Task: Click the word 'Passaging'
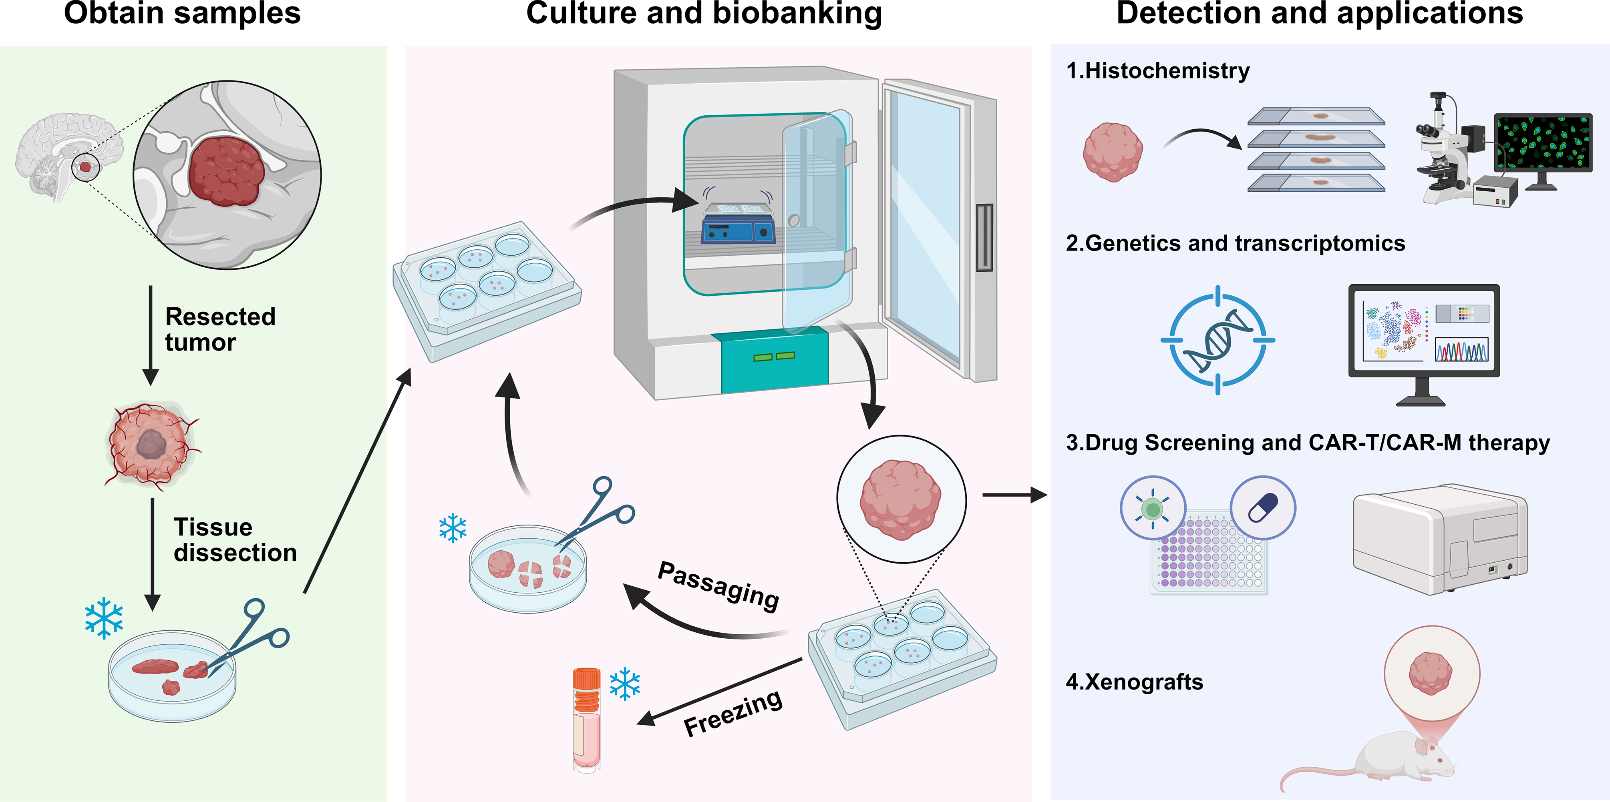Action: tap(719, 585)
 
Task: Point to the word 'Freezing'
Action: tap(733, 713)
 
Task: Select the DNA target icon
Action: tap(1218, 341)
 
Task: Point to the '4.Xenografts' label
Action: tap(1134, 682)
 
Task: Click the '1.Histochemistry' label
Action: tap(1157, 70)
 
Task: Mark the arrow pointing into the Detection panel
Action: tap(1014, 495)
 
